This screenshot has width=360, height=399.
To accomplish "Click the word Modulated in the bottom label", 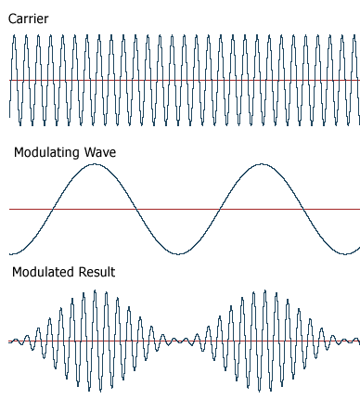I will [44, 272].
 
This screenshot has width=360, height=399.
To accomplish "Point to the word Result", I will [97, 272].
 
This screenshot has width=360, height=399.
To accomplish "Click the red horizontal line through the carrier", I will [186, 80].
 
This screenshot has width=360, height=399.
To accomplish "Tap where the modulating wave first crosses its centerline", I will [54, 209].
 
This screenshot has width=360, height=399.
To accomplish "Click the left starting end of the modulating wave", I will [10, 253].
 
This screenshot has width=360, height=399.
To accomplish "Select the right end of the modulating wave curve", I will [359, 247].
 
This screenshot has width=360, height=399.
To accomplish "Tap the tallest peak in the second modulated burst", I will [265, 290].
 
